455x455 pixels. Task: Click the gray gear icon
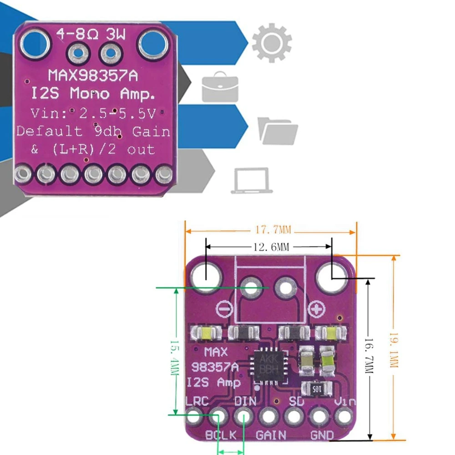[x=272, y=43]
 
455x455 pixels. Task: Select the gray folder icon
[x=278, y=130]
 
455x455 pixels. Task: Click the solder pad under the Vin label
[x=344, y=415]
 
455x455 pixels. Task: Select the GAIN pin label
[x=271, y=435]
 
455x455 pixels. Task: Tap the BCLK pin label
[x=221, y=435]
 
